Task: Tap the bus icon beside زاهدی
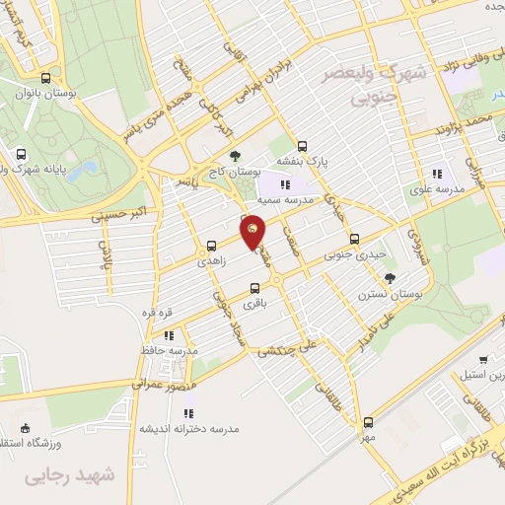(210, 247)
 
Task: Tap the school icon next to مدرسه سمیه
(284, 183)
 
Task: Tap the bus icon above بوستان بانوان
(45, 78)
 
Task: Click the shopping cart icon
(482, 360)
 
